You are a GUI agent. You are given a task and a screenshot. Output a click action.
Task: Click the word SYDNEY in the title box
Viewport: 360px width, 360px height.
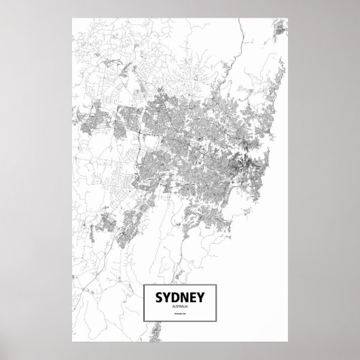click(x=181, y=298)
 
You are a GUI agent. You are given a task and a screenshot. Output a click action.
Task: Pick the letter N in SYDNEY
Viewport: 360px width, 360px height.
click(x=185, y=298)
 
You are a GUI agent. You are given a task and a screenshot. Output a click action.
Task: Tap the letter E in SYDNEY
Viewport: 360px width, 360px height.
click(x=195, y=298)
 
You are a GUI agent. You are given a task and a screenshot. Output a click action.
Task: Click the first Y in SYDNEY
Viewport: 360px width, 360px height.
click(x=166, y=298)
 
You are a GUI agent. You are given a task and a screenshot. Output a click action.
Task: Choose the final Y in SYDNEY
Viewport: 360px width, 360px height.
click(x=204, y=298)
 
